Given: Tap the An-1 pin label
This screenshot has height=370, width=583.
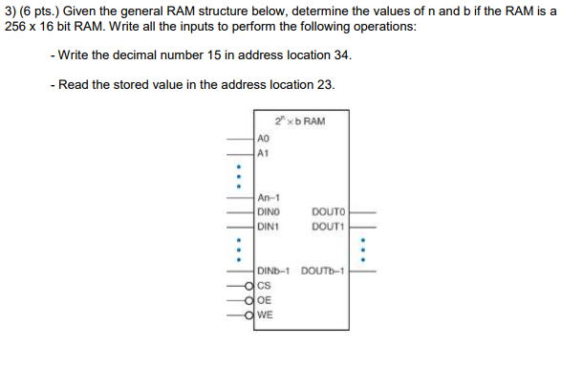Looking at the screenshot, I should coord(269,199).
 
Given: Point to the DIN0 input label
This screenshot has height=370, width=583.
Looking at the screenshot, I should coord(270,212).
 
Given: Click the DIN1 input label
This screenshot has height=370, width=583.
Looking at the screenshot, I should coord(270,227).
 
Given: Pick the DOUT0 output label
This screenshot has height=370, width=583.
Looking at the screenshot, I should coord(328,212).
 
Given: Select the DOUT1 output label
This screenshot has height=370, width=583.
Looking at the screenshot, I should coord(328,227).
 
